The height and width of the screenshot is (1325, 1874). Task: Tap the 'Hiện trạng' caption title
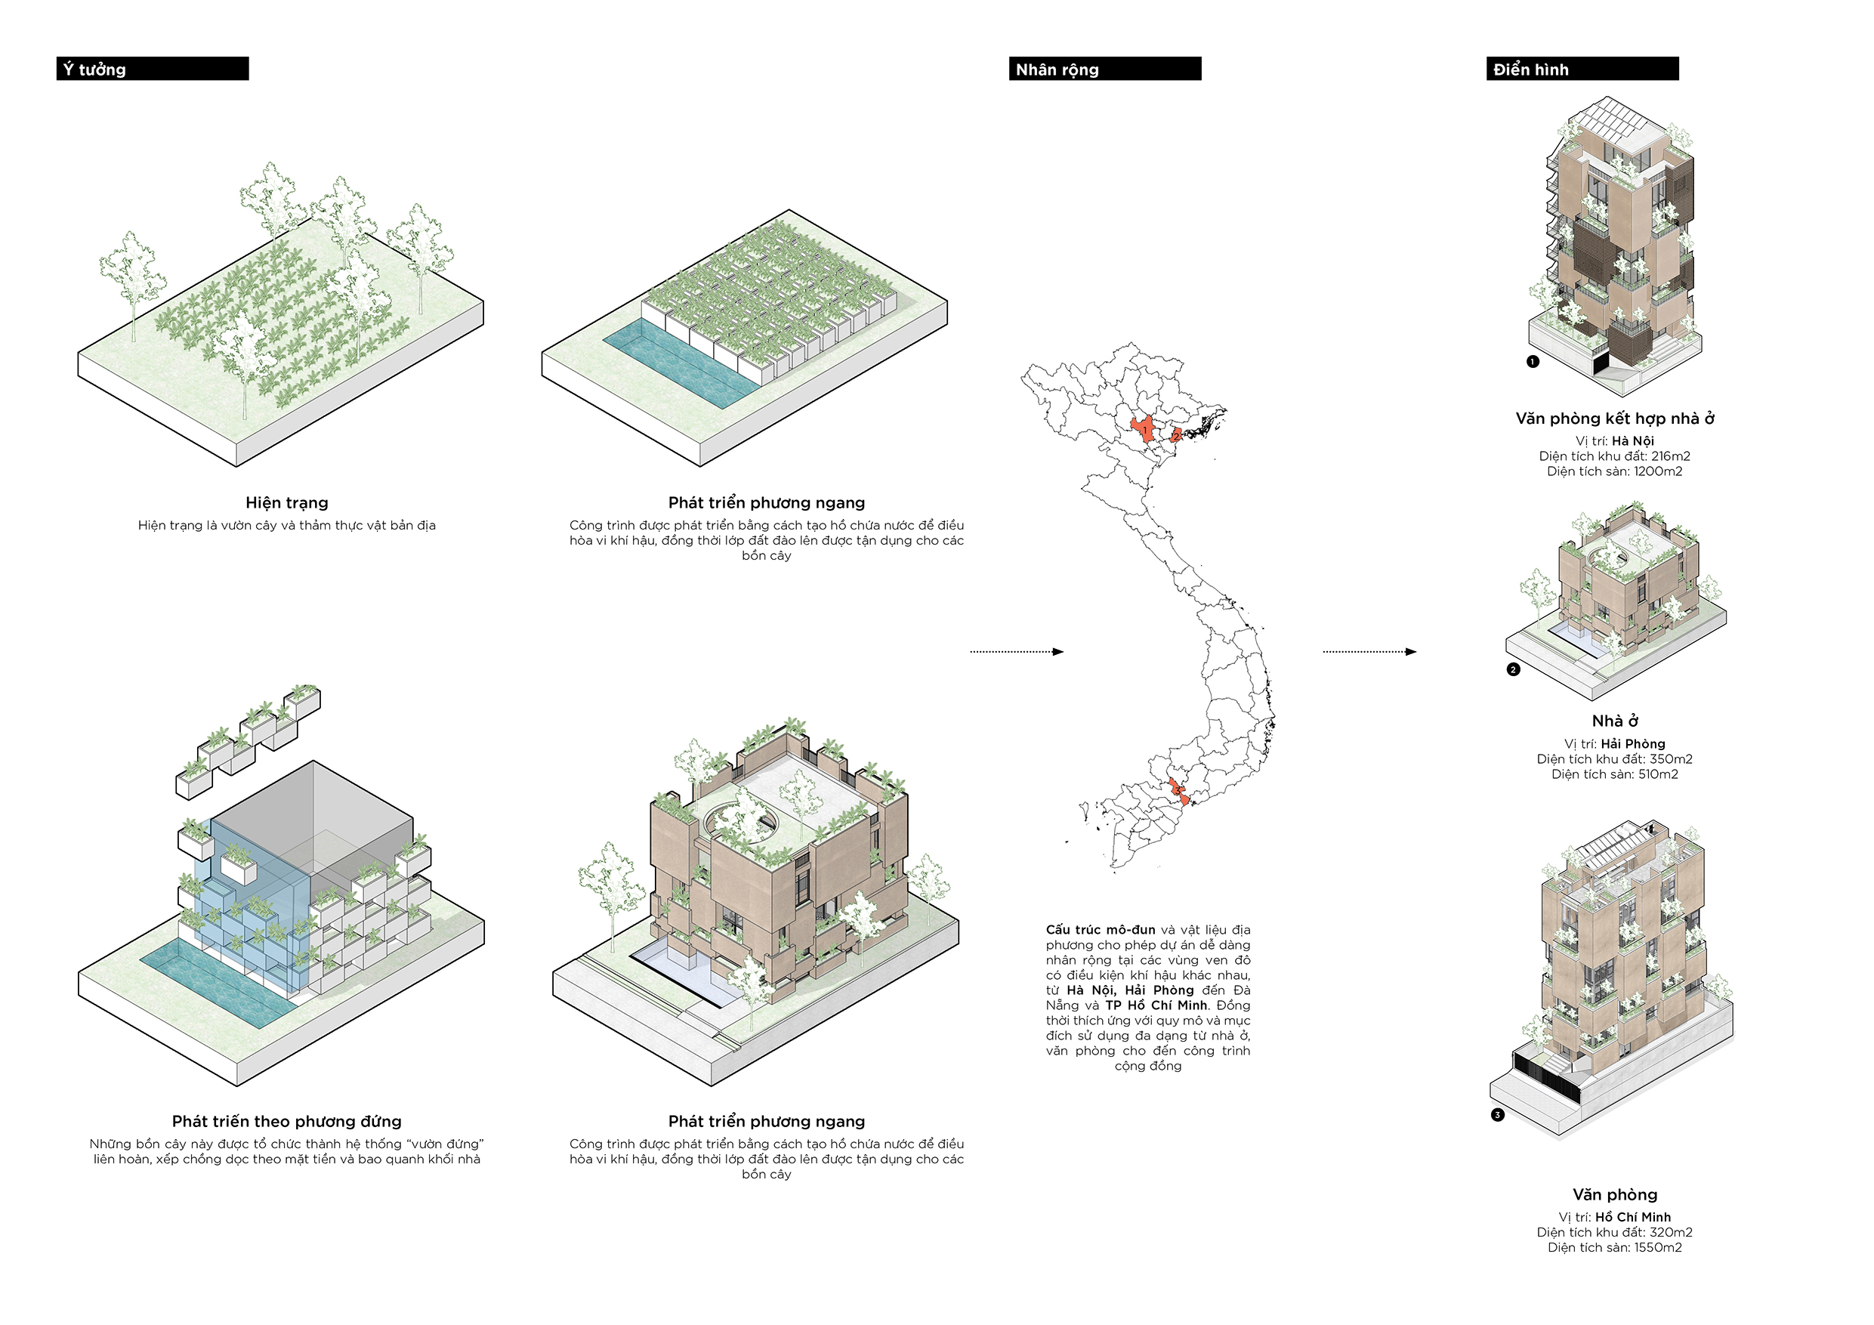286,503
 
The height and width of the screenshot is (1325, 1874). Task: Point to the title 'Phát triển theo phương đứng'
286,1122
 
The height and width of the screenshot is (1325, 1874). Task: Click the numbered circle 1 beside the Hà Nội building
1533,362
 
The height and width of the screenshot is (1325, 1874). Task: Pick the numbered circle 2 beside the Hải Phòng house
1513,669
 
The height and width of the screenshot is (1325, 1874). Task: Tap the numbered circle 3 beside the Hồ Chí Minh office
1498,1115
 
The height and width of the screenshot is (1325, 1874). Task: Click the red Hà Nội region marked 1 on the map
1144,429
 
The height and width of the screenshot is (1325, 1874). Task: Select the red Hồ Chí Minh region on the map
1178,792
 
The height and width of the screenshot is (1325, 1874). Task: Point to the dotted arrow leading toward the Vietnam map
1016,651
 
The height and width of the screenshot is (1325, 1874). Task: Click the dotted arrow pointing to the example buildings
1369,651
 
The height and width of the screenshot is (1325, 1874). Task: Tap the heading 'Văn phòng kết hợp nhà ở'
1614,419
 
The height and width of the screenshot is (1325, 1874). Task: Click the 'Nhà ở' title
1614,721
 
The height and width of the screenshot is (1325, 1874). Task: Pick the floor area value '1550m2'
1657,1247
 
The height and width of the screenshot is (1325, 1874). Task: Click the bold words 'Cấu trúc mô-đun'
1101,930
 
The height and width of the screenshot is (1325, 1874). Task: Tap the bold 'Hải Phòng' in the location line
1632,744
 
